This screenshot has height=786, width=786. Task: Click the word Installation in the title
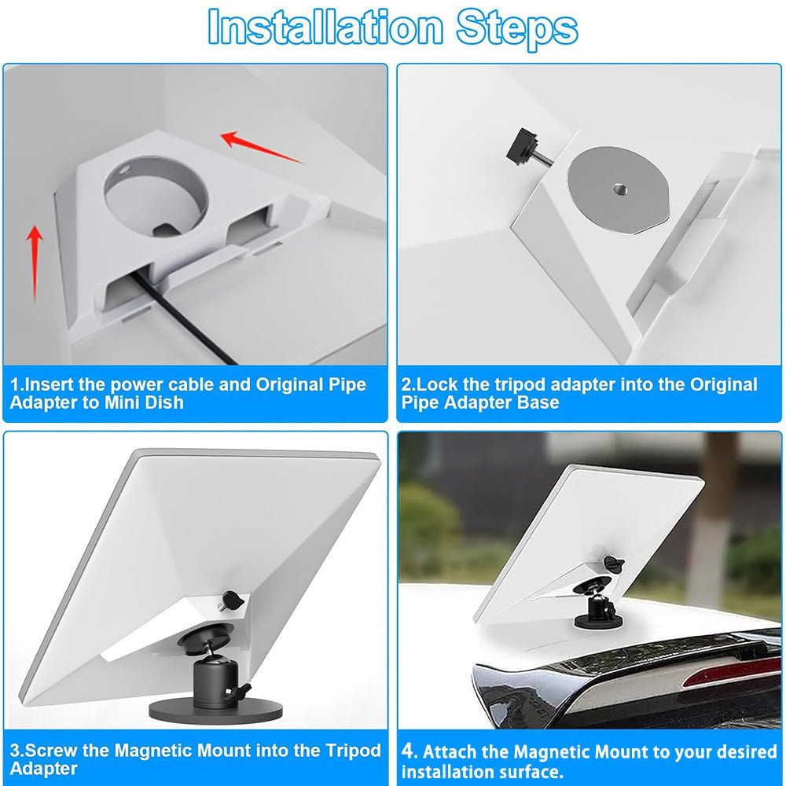coord(325,27)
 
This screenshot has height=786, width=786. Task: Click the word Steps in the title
coord(517,29)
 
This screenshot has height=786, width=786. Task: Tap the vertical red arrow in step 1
coord(34,263)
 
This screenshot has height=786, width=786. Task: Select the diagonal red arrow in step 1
coord(263,147)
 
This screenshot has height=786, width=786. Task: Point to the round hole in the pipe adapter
coord(156,196)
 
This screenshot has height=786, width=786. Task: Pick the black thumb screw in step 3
coord(230,600)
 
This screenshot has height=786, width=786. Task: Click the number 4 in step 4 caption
coord(409,751)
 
